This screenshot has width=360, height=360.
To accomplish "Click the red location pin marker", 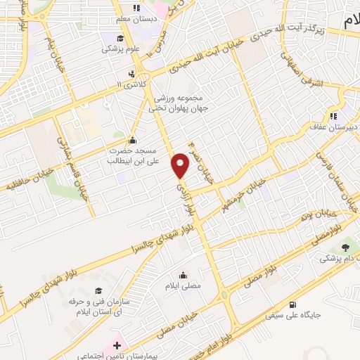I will tap(181, 165).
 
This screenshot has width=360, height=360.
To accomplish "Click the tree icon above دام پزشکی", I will tap(345, 247).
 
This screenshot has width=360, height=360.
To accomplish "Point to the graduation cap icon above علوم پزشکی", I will tap(120, 38).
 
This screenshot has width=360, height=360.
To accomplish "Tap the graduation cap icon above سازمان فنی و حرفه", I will tap(99, 290).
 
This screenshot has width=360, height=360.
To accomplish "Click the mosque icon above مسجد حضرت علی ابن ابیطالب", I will tap(133, 139).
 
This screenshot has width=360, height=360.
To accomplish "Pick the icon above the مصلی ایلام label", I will tap(184, 275).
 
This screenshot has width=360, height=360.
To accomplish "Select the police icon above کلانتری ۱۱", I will tap(131, 73).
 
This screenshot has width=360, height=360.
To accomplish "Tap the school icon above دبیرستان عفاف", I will tap(334, 115).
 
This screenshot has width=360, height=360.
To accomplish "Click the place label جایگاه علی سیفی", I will tap(292, 315).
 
